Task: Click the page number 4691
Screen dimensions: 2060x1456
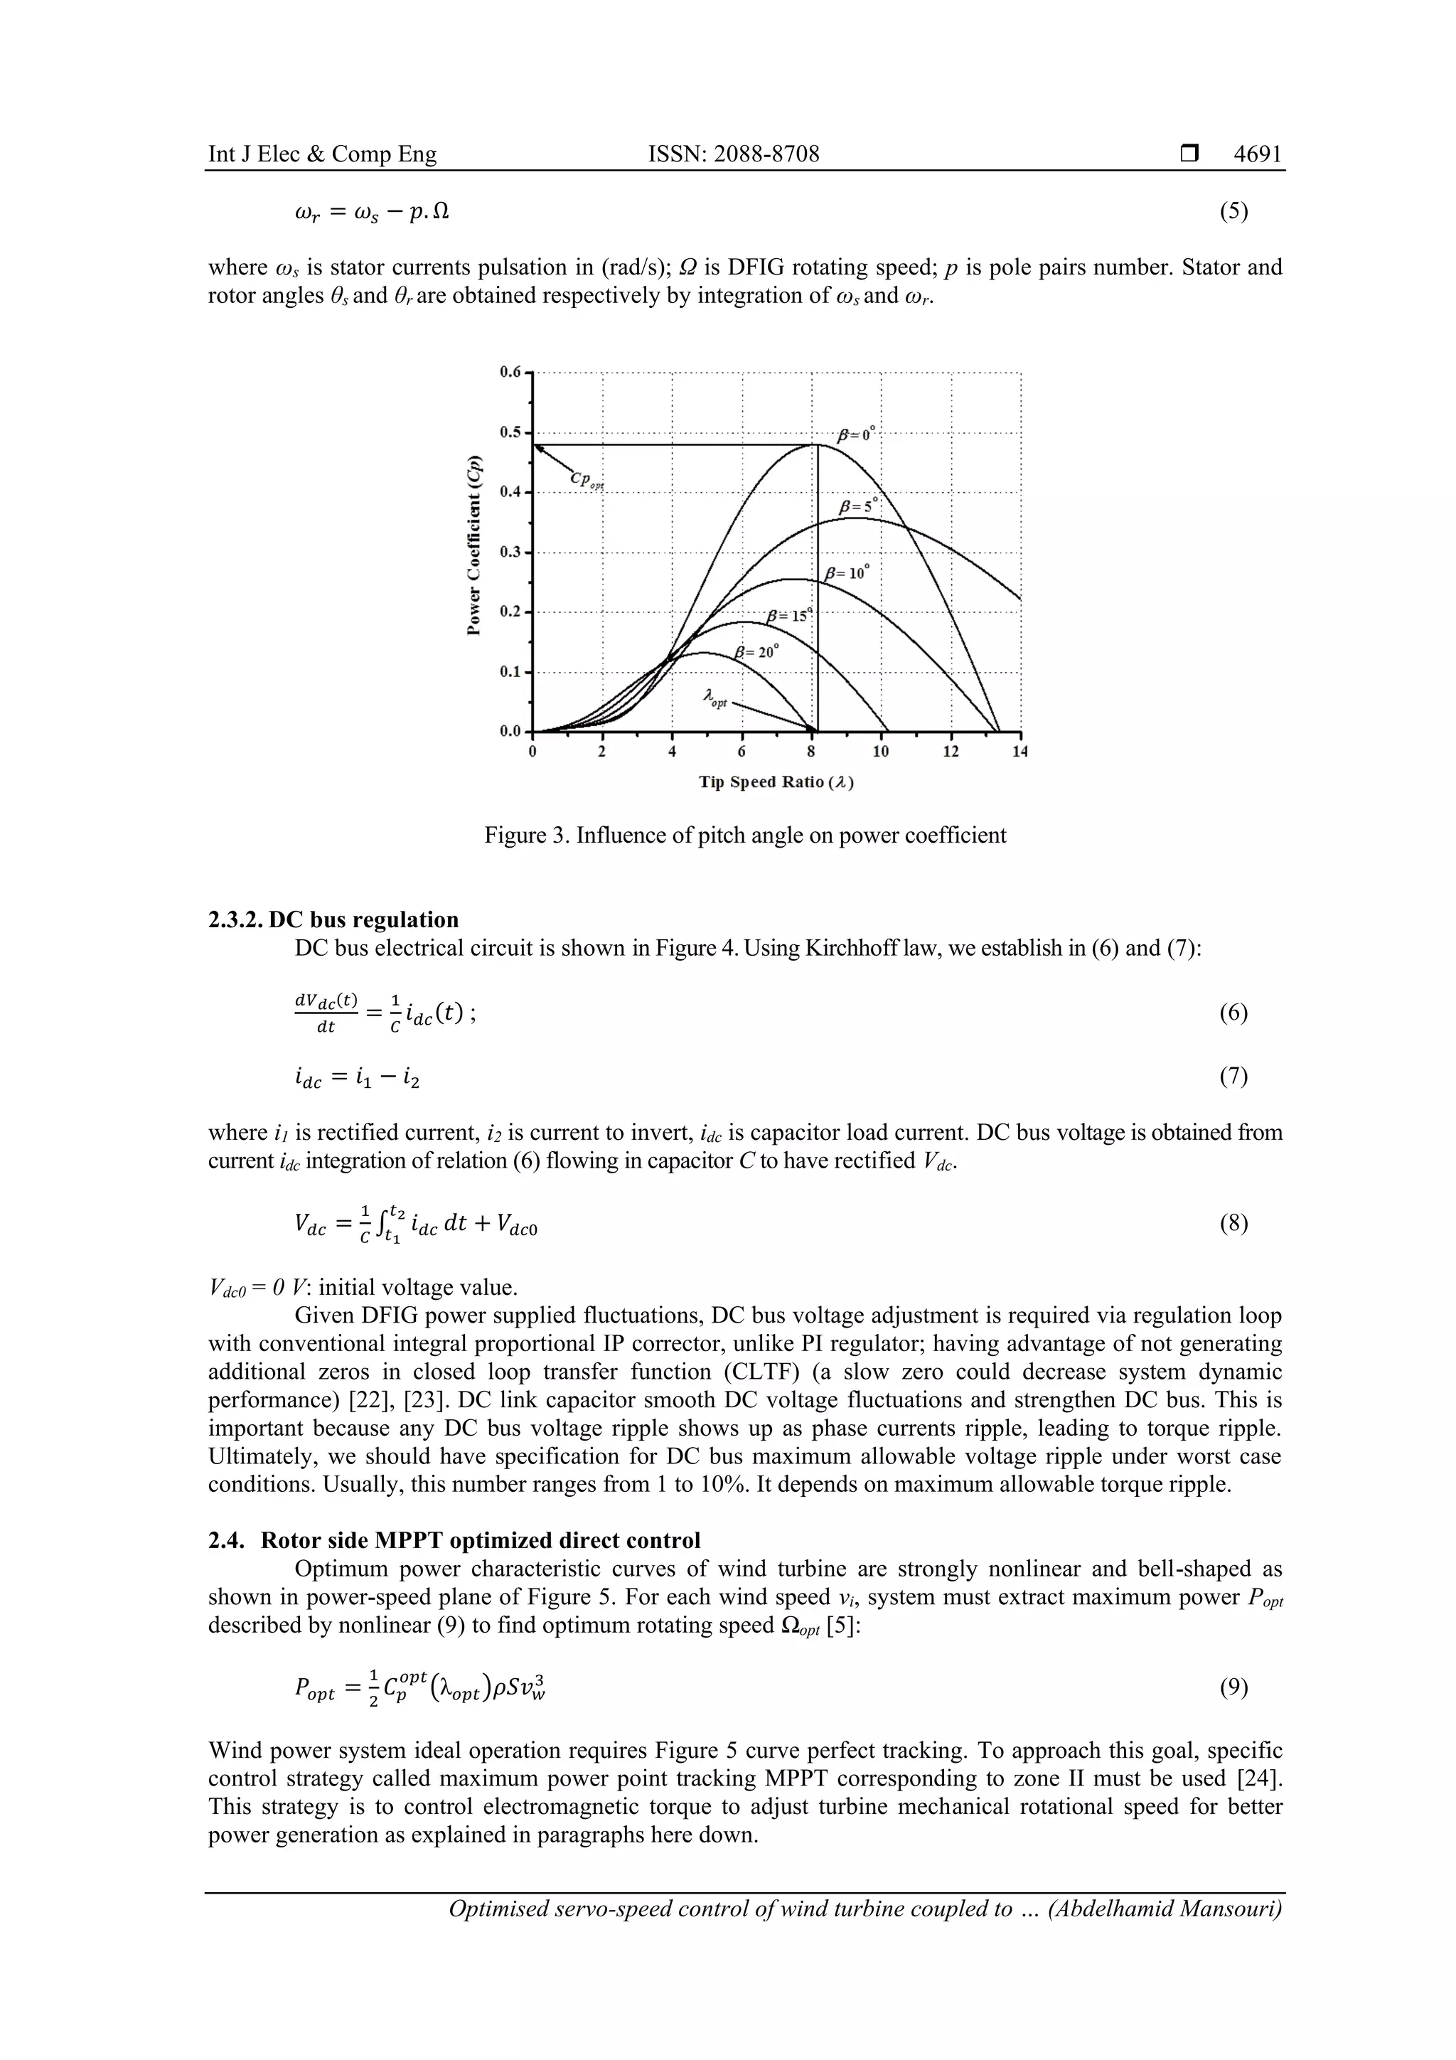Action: coord(1257,154)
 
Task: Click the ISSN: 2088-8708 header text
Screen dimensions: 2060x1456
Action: coord(733,154)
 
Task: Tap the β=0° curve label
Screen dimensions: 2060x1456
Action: coord(854,435)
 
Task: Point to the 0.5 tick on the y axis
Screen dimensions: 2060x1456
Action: coord(510,432)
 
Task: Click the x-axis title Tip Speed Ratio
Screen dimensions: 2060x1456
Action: coord(776,782)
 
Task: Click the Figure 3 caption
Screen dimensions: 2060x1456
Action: coord(744,836)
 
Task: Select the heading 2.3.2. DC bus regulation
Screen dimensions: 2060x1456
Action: coord(333,919)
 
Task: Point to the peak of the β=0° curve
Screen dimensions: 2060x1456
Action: coord(816,444)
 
